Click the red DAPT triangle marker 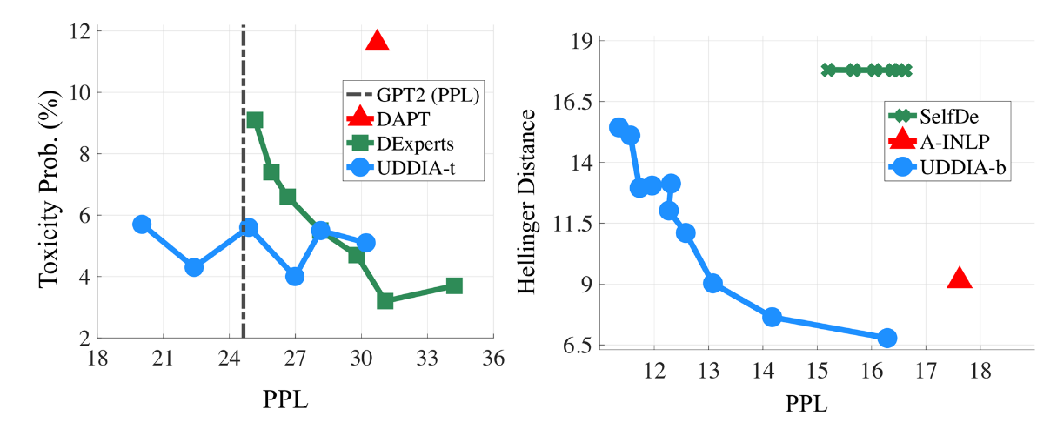click(x=377, y=40)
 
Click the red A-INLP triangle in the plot click(x=959, y=278)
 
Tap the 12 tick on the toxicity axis click(x=84, y=31)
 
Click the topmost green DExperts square click(x=254, y=120)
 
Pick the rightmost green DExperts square click(x=453, y=285)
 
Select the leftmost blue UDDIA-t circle click(x=142, y=225)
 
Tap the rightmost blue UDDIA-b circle click(x=886, y=338)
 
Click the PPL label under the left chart click(x=284, y=401)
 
